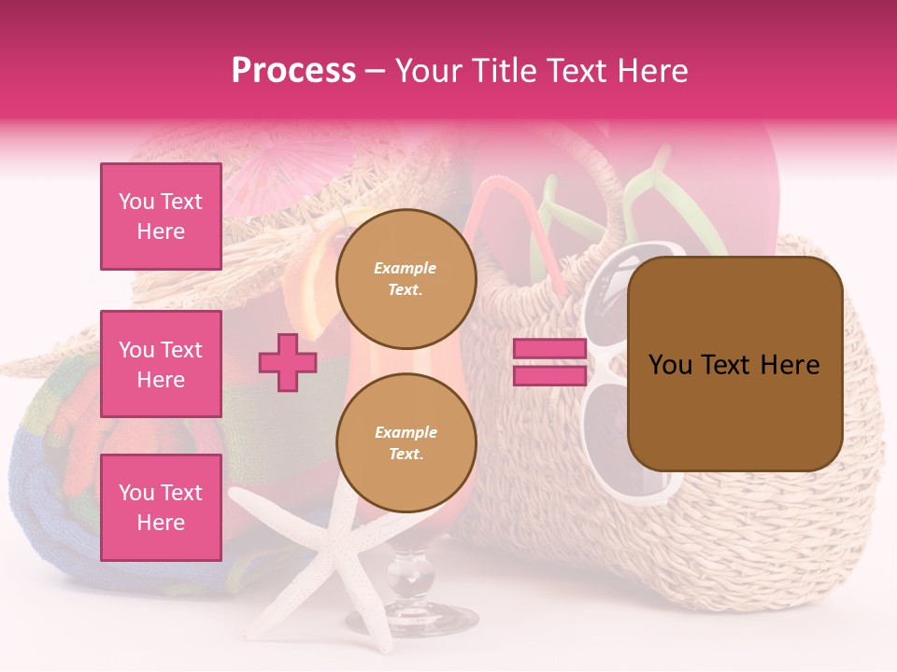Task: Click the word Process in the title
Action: [293, 71]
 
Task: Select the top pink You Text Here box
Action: [161, 217]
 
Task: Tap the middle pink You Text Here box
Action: [161, 364]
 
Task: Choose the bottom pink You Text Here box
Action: [161, 508]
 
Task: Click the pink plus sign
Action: [288, 363]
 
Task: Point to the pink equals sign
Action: [549, 363]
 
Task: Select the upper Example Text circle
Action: [406, 279]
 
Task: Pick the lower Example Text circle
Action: [406, 442]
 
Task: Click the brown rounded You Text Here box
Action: [734, 364]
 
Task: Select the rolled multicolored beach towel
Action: [56, 467]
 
